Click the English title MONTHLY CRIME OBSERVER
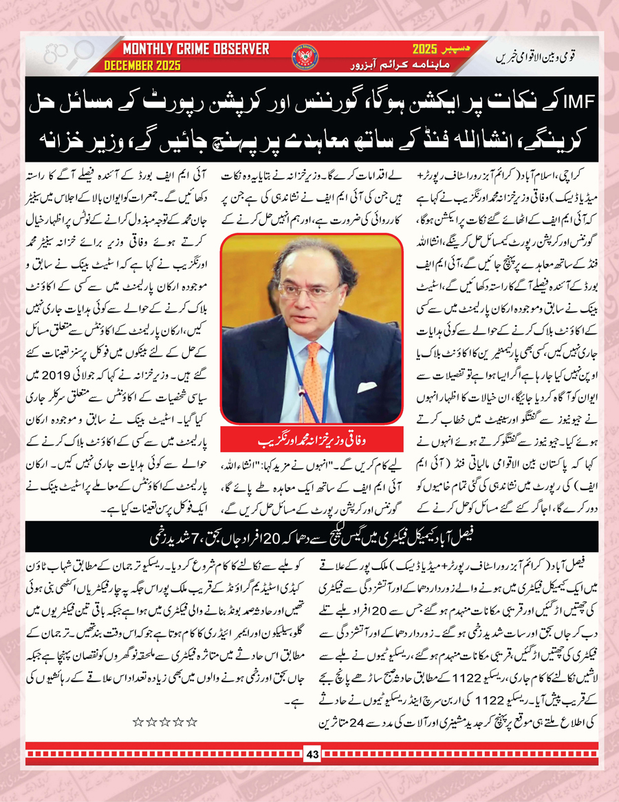pos(196,50)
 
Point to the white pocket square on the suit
pos(366,387)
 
